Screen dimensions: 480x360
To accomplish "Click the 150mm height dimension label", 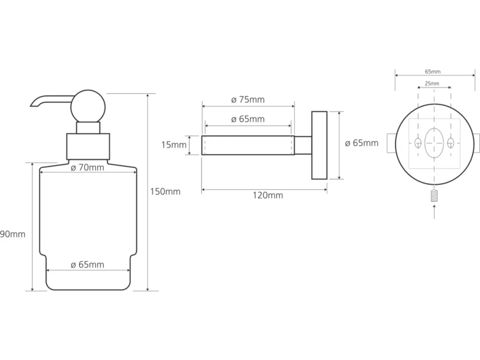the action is click(165, 191).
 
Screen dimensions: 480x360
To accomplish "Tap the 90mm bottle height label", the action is click(12, 234).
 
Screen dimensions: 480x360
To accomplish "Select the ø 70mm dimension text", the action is click(88, 168).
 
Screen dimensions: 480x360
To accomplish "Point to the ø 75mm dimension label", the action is click(248, 100).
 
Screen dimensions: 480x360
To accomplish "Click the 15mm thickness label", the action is click(174, 145).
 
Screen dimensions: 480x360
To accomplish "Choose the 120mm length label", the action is click(268, 195).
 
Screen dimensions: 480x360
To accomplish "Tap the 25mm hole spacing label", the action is click(432, 83).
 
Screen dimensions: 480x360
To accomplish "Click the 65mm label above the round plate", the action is click(432, 72).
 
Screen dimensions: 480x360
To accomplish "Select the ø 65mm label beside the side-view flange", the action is click(362, 143).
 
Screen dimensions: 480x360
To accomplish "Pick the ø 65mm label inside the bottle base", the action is click(88, 265).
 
